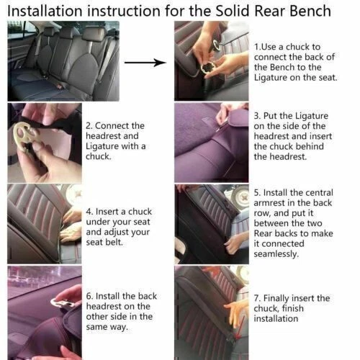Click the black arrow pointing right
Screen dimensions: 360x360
[144, 63]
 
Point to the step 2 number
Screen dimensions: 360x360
[89, 126]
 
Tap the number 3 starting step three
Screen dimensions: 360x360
[257, 115]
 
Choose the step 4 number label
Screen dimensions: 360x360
[89, 213]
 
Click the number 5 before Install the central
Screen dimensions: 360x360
[257, 194]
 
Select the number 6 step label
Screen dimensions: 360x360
[89, 296]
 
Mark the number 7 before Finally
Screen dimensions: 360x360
[257, 298]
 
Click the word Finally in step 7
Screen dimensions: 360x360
[284, 298]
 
